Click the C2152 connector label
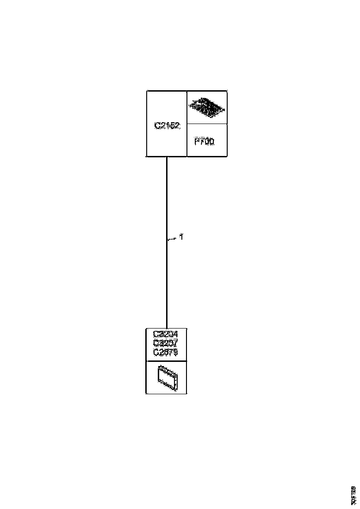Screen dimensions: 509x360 click(167, 125)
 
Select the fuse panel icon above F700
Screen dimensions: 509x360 click(207, 107)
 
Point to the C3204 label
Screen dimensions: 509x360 click(165, 334)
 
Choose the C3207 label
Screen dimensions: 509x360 click(165, 343)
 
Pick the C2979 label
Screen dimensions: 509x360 click(165, 352)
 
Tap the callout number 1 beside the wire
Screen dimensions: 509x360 click(182, 237)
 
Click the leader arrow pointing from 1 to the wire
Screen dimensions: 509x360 click(172, 239)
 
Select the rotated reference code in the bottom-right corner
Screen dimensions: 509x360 click(354, 495)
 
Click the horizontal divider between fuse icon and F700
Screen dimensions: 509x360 click(207, 124)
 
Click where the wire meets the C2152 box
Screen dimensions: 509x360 click(167, 157)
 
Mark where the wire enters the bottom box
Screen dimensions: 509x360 click(167, 328)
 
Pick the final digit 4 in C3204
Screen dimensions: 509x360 click(175, 334)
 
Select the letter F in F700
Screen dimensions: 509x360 click(197, 142)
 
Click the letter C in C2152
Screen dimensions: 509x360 click(157, 125)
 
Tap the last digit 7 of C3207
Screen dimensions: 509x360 click(175, 343)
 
